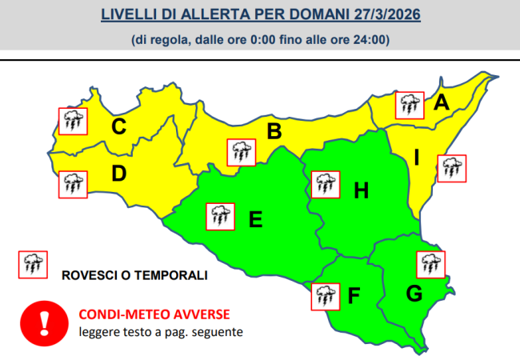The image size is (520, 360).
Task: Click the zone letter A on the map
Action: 441,102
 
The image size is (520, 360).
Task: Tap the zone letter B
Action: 274,131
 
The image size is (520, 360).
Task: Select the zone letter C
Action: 119,126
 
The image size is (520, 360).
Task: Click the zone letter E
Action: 256,218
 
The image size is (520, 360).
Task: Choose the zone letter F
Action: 354,295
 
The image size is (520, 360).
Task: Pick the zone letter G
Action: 414,294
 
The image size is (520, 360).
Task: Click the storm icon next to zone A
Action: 410,104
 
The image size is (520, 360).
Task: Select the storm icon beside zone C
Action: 74,122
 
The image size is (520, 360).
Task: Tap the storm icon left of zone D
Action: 74,184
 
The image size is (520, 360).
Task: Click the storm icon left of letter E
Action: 220,216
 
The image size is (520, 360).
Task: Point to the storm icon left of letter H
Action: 323,184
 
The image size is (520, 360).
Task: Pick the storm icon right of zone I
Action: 452,168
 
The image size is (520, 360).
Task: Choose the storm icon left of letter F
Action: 324,295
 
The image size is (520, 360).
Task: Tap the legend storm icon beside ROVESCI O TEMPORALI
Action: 33,264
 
